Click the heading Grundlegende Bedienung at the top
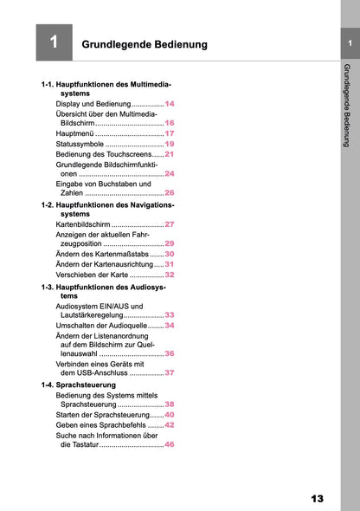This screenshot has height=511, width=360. tap(144, 44)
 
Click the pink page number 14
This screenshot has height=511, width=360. tap(170, 103)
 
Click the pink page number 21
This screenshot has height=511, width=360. tap(170, 154)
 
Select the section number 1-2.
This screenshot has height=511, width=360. tap(48, 204)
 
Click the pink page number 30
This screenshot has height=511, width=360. tap(170, 255)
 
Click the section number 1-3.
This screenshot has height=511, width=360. tap(48, 287)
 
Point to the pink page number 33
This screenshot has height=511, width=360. tap(170, 315)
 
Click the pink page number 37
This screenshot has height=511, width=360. tap(170, 372)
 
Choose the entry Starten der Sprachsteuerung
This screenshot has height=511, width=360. tap(109, 415)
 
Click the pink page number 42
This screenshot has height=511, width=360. tap(170, 425)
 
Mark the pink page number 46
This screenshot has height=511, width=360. tap(170, 444)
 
